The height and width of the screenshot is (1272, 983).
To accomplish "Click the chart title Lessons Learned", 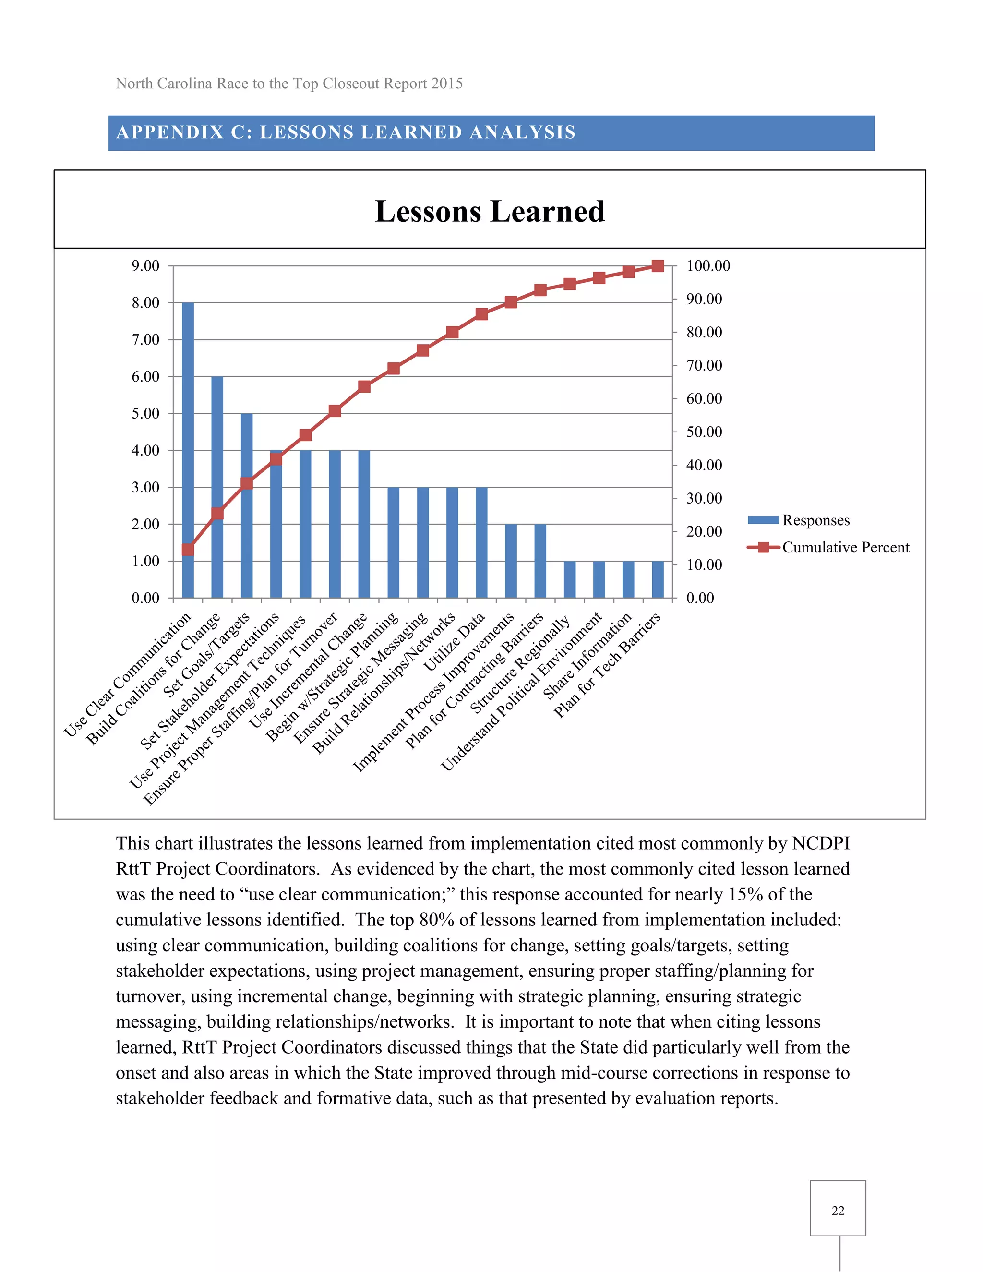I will pos(489,211).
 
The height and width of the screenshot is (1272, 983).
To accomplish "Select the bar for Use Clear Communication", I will pos(188,448).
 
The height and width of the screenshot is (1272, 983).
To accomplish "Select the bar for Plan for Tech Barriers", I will pos(658,579).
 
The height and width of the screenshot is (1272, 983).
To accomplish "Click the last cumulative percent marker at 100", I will pos(658,266).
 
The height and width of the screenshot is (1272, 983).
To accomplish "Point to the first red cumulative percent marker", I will pos(188,549).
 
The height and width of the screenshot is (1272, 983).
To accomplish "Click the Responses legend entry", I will pos(815,520).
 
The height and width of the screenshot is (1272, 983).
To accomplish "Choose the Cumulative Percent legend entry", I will pos(844,548).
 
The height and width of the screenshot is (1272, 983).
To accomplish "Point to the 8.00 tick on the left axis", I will pos(145,303).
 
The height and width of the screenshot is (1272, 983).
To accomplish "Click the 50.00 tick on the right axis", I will pos(704,432).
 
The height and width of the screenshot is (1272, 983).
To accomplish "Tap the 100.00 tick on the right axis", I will pos(707,266).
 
